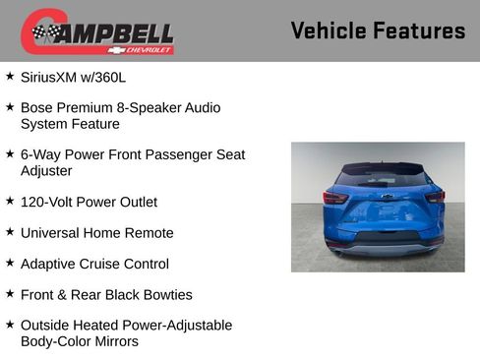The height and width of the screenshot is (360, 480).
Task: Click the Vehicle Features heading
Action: [x=378, y=30]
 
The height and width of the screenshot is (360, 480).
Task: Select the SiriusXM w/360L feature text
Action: [x=75, y=77]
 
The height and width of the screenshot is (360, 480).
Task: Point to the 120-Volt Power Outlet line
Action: [x=89, y=202]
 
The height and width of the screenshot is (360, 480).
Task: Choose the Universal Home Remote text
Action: [x=96, y=233]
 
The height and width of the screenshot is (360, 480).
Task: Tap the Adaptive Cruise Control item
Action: [x=94, y=264]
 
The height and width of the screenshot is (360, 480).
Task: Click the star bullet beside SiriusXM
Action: [x=10, y=76]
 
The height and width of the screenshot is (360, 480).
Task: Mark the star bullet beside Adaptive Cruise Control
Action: [x=10, y=263]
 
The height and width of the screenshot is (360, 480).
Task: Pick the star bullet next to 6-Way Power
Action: [x=10, y=154]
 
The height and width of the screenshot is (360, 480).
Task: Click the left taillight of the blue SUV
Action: [x=335, y=197]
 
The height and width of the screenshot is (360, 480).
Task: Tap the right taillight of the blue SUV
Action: [x=435, y=197]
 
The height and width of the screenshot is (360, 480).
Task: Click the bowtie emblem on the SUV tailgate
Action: [x=387, y=197]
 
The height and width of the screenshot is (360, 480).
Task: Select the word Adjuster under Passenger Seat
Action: [x=46, y=171]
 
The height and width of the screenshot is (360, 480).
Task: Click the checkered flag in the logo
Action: [x=44, y=32]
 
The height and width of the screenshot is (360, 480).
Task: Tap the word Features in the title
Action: [x=419, y=30]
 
